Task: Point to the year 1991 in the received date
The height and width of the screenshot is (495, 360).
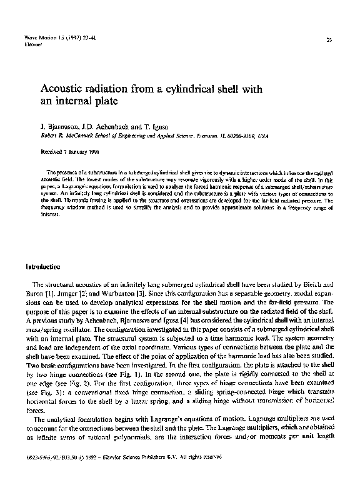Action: (90, 152)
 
